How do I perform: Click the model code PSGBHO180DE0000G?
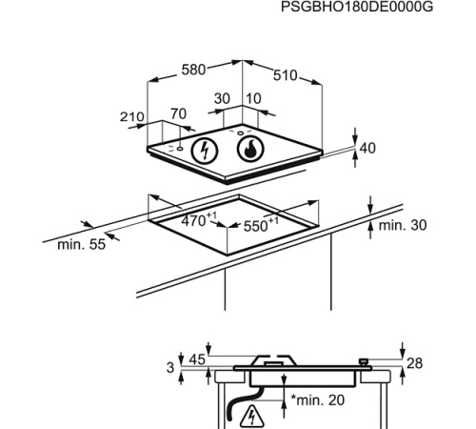(x=357, y=7)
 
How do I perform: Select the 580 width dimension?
(x=193, y=70)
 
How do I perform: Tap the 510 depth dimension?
(x=286, y=75)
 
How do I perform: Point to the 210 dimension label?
(x=131, y=117)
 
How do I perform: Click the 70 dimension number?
(x=178, y=113)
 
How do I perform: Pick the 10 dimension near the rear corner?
(x=253, y=99)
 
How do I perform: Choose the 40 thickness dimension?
(x=367, y=148)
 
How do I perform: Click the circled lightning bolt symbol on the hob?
(x=205, y=151)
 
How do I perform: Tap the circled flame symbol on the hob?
(x=250, y=149)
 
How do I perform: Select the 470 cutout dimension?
(x=199, y=219)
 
